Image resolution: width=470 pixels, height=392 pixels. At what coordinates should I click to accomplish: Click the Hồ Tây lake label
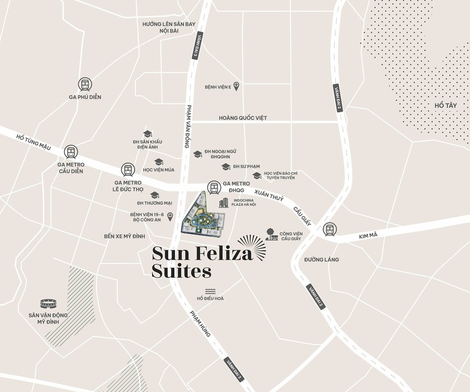coord(446,105)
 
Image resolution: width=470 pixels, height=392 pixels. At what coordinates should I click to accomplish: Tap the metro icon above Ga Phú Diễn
coord(85,84)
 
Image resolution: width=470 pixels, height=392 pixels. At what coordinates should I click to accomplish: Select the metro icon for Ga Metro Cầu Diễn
coord(71,152)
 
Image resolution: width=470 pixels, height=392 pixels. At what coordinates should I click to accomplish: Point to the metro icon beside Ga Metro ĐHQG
coord(214,187)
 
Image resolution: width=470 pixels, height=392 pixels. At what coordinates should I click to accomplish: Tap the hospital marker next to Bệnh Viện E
coord(237,86)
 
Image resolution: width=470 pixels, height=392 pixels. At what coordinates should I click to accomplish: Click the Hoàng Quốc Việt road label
coord(243,118)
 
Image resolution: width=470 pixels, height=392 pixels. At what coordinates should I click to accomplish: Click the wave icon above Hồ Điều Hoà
coord(210,291)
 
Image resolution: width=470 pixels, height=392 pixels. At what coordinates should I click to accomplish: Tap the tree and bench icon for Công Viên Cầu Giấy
coord(272,234)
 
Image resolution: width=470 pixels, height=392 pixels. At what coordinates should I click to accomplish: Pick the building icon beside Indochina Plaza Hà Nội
coord(224,203)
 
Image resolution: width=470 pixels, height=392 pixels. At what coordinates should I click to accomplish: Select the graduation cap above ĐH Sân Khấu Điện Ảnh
coord(147,134)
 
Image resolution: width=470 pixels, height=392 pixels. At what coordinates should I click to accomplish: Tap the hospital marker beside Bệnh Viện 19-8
coord(170,217)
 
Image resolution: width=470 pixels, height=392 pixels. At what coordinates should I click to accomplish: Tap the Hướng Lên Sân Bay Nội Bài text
coord(169,27)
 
